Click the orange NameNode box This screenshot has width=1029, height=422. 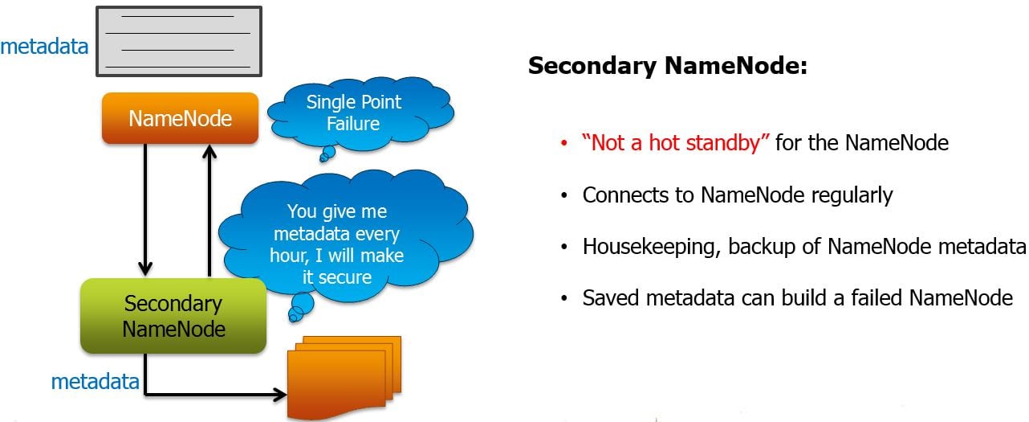[x=180, y=119]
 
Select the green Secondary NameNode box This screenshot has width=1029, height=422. [x=173, y=316]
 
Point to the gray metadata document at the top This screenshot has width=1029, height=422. [x=178, y=40]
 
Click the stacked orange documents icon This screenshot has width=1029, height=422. [x=344, y=374]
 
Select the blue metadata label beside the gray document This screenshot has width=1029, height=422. [x=44, y=47]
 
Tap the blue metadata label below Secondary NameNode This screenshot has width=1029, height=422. [x=95, y=381]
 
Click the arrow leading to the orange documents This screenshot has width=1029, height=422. [x=217, y=394]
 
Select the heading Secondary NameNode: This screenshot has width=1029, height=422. [x=667, y=67]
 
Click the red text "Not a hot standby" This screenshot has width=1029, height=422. [x=676, y=144]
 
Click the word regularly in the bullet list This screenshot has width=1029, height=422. [x=853, y=195]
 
